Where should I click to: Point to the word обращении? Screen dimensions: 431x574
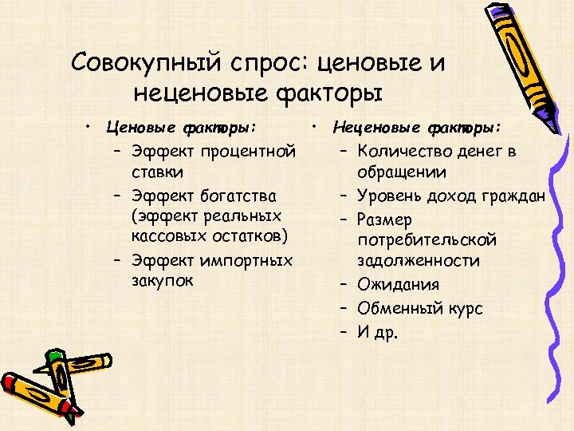click(402, 172)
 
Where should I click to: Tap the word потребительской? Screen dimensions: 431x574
click(428, 240)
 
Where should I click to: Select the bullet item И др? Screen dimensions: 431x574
click(377, 331)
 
